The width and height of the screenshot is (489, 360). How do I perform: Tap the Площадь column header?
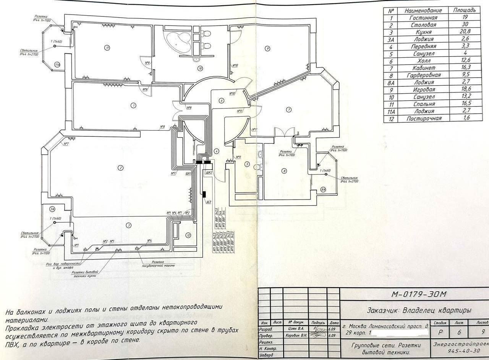(x=465, y=10)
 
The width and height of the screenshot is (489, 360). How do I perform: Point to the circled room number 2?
(x=120, y=167)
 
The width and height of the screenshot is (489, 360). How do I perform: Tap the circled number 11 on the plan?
(x=108, y=48)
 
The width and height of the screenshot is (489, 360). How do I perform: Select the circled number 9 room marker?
(x=268, y=48)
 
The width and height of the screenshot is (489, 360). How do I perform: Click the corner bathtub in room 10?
(x=177, y=41)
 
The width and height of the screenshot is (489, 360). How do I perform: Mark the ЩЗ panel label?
(x=209, y=202)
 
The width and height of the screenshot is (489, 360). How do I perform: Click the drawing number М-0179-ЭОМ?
(x=419, y=294)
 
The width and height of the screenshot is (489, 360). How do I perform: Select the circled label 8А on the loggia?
(x=323, y=189)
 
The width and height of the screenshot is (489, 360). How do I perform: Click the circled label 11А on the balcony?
(x=57, y=65)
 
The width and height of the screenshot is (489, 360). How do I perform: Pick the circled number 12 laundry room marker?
(x=188, y=235)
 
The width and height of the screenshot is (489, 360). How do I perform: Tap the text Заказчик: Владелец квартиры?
(x=419, y=310)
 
